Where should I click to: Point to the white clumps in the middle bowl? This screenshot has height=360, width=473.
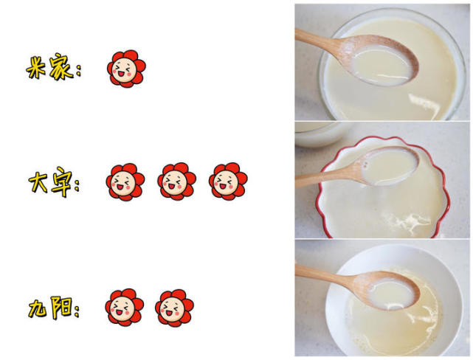410,220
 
